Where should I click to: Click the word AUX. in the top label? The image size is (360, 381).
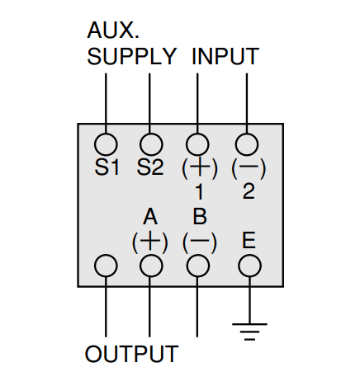click(113, 30)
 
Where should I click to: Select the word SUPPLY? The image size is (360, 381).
click(131, 56)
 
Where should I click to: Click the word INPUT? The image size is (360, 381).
click(225, 56)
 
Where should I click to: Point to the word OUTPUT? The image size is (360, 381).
click(132, 354)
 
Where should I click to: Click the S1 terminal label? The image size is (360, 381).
click(107, 167)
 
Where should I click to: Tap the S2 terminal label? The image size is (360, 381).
click(150, 167)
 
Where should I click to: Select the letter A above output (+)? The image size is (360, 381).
click(150, 217)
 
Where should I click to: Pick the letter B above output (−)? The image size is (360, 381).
click(200, 217)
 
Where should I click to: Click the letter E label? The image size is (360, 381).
click(249, 241)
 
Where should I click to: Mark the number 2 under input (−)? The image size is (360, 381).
click(249, 191)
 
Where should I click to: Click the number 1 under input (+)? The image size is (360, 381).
click(199, 191)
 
